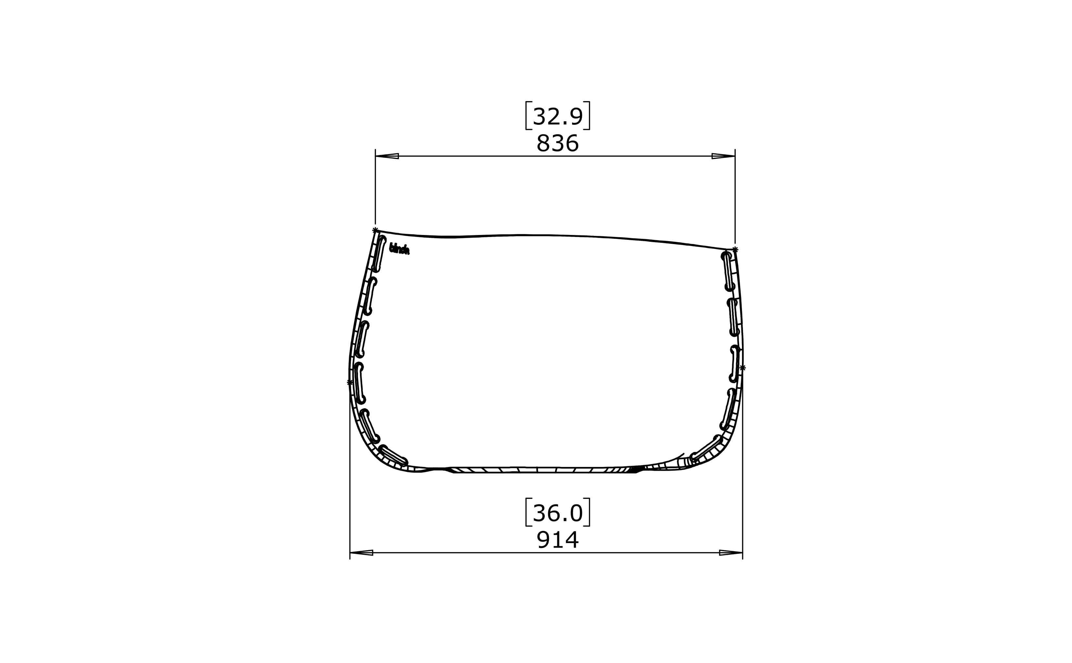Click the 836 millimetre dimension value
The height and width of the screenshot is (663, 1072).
557,143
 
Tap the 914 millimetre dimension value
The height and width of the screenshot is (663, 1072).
557,539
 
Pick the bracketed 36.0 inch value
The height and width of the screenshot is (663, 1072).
557,513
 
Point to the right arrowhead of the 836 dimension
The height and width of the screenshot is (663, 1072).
723,156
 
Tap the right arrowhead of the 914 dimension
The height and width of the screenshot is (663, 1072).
731,552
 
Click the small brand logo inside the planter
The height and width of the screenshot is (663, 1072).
399,249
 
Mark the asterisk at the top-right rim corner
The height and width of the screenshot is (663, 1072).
735,250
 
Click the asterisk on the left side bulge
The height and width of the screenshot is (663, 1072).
350,383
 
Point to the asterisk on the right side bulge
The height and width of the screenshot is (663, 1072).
742,368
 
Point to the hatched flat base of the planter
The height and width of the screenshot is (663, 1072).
543,470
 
